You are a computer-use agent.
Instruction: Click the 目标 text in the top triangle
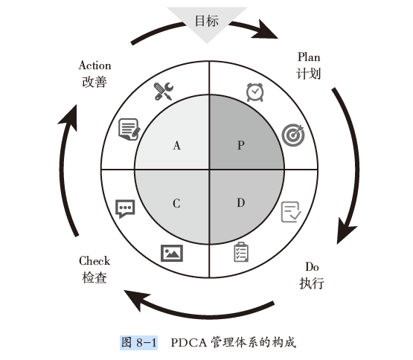(207, 21)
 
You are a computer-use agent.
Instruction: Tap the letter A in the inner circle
(177, 145)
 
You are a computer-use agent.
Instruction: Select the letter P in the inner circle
(241, 145)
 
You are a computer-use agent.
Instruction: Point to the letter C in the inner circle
(176, 203)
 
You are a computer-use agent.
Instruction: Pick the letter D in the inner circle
(241, 203)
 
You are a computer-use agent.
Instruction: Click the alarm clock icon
(254, 92)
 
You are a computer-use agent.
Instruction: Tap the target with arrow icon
(293, 135)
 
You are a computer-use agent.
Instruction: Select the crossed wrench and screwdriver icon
(163, 91)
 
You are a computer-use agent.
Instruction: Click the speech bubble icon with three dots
(125, 208)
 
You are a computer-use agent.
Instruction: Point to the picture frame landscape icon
(172, 254)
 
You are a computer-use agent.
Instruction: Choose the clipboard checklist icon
(241, 252)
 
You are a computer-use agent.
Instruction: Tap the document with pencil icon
(129, 129)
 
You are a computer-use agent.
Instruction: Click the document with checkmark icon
(291, 212)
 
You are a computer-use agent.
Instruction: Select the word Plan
(309, 57)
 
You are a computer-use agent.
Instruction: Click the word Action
(95, 65)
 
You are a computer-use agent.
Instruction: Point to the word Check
(95, 261)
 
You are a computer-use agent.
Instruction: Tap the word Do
(312, 267)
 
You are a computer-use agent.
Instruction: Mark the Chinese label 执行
(312, 283)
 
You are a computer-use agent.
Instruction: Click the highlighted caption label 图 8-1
(139, 343)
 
